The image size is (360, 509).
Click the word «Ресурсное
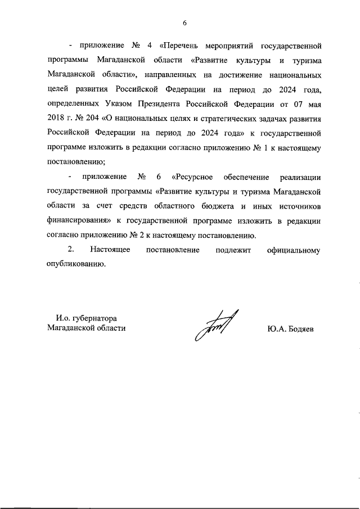195,178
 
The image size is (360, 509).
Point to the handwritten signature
215,326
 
